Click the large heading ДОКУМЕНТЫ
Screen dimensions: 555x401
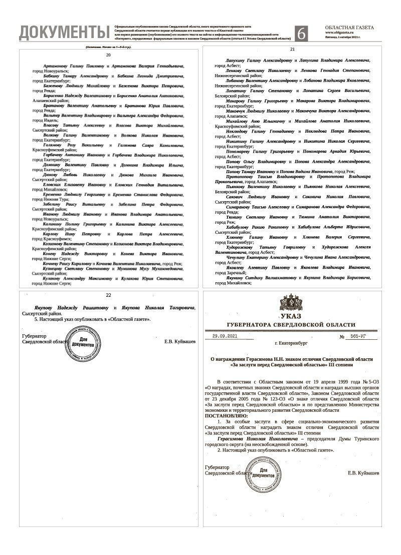[64, 33]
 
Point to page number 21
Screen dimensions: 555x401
[293, 50]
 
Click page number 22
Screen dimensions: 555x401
[108, 296]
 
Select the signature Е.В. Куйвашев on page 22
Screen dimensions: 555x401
[180, 342]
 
